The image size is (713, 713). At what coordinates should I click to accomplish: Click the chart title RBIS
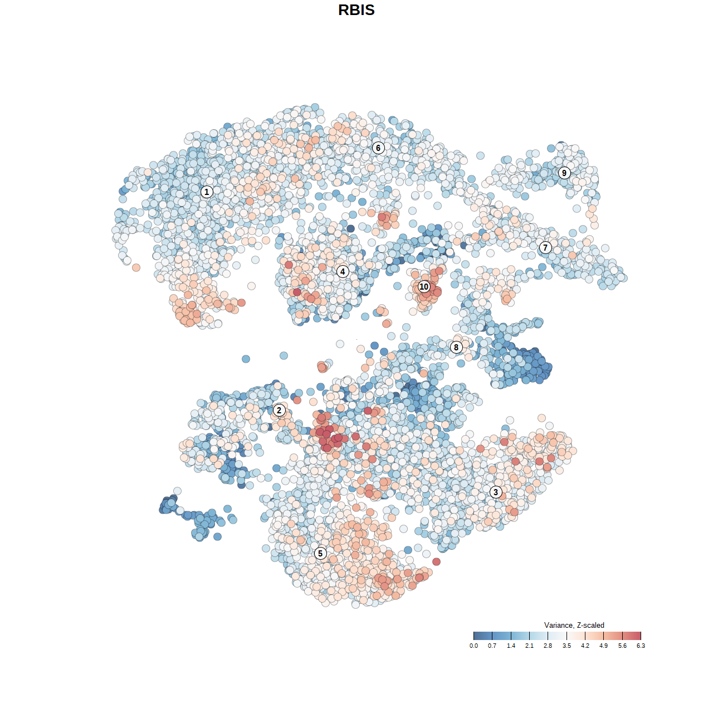(x=356, y=10)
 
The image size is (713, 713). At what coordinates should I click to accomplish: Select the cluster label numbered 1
(x=207, y=192)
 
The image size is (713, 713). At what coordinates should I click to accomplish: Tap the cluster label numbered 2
(x=279, y=411)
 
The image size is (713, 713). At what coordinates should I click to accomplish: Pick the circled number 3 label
(x=496, y=492)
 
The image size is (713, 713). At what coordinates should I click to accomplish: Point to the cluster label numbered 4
(x=343, y=271)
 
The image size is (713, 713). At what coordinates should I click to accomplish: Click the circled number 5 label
(x=320, y=553)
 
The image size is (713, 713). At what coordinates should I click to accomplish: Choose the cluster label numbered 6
(x=378, y=148)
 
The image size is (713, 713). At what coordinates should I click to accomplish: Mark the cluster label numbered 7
(x=545, y=247)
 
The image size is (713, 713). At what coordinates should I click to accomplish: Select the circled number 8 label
(x=456, y=347)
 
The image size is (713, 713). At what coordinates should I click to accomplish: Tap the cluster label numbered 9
(x=564, y=173)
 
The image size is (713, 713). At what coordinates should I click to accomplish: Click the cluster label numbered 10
(x=424, y=287)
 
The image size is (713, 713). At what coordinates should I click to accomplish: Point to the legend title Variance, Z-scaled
(x=574, y=625)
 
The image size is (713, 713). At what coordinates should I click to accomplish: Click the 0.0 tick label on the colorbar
(x=473, y=646)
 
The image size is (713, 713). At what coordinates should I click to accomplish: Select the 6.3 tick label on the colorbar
(x=641, y=646)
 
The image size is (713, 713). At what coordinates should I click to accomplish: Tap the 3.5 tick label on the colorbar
(x=567, y=646)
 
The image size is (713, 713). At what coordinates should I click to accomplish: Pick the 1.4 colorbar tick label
(x=511, y=646)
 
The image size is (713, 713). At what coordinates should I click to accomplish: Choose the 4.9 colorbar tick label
(x=604, y=646)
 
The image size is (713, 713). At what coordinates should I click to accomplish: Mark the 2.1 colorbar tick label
(x=529, y=646)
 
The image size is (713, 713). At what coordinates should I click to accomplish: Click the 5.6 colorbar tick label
(x=622, y=646)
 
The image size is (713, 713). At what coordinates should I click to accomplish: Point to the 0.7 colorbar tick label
(x=492, y=646)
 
